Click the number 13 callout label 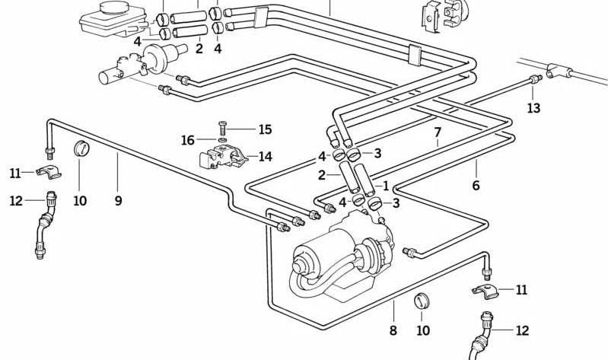(533, 109)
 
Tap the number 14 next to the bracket (265, 157)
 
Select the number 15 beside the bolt (264, 129)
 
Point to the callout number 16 (187, 140)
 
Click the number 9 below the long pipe (118, 201)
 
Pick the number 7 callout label (438, 132)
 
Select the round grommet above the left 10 (81, 147)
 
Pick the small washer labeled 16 (221, 140)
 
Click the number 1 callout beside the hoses (386, 185)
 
